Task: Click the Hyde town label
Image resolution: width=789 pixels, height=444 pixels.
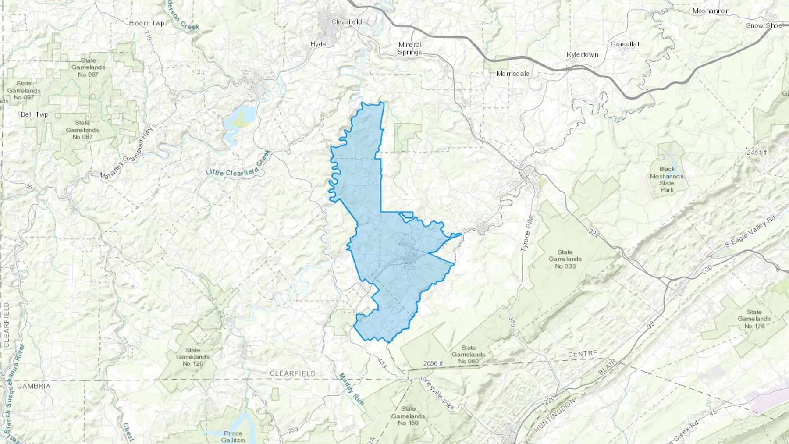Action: (x=318, y=44)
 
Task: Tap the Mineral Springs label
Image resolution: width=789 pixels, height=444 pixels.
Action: (x=410, y=48)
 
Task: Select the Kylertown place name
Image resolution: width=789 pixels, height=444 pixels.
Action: (x=582, y=55)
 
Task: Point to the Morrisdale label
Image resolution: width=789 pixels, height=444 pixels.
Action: (x=512, y=74)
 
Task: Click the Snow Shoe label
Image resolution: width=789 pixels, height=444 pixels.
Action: (x=764, y=25)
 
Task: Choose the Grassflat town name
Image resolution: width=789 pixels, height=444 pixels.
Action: (x=625, y=44)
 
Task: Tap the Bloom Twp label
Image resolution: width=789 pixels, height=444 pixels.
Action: (x=147, y=23)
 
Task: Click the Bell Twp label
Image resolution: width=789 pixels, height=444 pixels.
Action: (x=35, y=114)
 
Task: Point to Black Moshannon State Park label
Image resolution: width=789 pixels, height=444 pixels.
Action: (x=667, y=179)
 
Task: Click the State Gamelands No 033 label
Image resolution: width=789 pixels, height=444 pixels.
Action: (x=565, y=259)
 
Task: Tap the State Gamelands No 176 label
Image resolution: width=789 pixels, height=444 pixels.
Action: (x=754, y=319)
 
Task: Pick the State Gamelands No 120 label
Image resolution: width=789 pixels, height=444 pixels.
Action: (x=192, y=357)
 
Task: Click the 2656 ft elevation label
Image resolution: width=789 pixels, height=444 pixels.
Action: (x=433, y=363)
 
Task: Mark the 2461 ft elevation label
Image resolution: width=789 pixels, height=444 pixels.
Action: (x=757, y=153)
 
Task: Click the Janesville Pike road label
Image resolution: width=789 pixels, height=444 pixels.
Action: (x=436, y=393)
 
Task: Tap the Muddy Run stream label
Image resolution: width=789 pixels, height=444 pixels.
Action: (x=352, y=389)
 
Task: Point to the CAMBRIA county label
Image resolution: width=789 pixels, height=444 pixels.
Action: (x=34, y=386)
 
